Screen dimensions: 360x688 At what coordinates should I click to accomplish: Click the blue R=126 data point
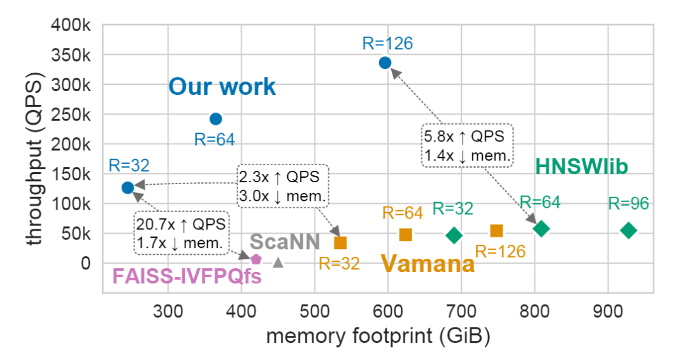click(x=385, y=62)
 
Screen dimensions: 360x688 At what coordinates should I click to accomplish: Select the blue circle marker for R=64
click(x=216, y=119)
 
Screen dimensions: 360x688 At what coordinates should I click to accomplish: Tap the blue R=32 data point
click(x=127, y=187)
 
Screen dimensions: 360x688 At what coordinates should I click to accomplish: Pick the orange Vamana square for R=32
click(x=340, y=242)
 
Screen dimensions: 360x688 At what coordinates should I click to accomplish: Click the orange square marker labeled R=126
click(x=496, y=231)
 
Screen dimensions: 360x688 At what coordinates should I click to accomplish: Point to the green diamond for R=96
click(x=629, y=231)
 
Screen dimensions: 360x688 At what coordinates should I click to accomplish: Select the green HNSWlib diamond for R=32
click(x=454, y=235)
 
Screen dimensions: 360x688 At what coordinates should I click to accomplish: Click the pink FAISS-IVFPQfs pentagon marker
click(x=255, y=259)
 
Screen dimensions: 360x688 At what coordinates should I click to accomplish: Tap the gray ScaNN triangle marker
click(x=278, y=261)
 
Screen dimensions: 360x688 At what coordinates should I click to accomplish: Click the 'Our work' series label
click(x=222, y=87)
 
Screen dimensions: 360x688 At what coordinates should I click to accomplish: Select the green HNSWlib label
click(x=582, y=167)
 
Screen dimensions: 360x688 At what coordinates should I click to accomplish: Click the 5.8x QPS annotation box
click(x=467, y=145)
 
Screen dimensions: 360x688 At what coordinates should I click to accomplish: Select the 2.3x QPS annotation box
click(x=283, y=187)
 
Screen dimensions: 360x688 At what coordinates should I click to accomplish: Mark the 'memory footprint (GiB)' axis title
click(x=378, y=336)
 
